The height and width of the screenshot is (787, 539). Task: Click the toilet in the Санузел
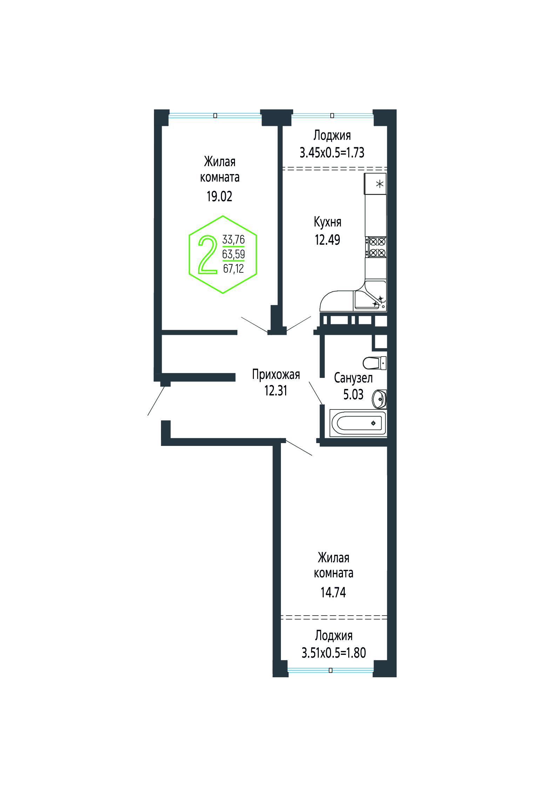[375, 363]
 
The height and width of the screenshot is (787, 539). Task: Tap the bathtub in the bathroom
[358, 423]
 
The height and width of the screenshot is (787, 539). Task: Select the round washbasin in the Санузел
[379, 399]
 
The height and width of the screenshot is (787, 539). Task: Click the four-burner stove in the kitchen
[376, 247]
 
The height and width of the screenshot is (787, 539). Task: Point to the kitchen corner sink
[370, 296]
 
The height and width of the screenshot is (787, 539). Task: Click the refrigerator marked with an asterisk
[375, 184]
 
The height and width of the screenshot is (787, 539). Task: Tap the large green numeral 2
[208, 255]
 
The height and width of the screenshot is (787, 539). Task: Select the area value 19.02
[220, 196]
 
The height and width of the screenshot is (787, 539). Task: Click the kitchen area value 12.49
[328, 240]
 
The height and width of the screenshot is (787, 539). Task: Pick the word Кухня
[328, 222]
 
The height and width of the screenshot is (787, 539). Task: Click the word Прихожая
[276, 374]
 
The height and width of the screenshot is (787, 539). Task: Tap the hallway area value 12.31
[276, 391]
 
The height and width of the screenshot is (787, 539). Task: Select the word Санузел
[353, 378]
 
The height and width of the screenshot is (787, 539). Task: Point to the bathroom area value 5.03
[353, 394]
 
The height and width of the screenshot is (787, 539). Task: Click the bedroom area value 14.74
[333, 592]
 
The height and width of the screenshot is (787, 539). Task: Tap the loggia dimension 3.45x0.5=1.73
[332, 152]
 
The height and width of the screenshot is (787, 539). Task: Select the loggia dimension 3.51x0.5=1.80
[334, 653]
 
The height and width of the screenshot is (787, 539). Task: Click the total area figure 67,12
[234, 269]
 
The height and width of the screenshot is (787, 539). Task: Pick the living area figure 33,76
[234, 240]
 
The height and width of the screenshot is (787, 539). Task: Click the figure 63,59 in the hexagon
[234, 254]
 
